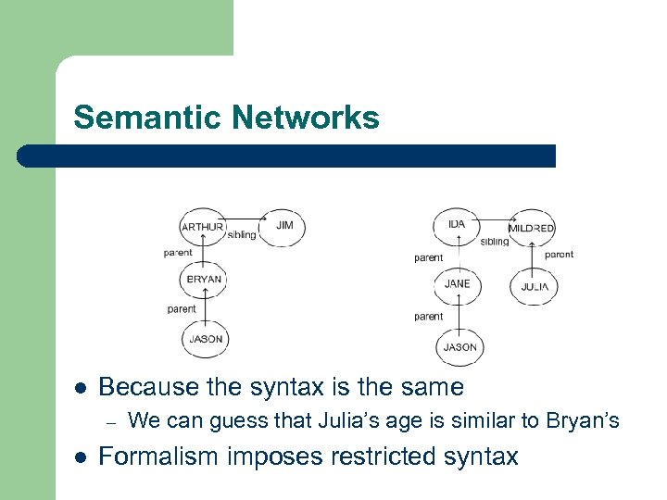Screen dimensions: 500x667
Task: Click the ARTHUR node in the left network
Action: click(x=202, y=227)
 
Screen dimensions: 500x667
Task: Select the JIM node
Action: click(x=283, y=225)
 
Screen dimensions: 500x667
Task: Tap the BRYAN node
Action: click(x=204, y=279)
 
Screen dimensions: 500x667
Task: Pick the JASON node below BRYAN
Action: click(x=206, y=339)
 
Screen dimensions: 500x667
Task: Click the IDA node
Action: click(x=457, y=225)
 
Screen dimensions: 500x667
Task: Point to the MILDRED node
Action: click(x=532, y=228)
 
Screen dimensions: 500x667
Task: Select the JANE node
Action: click(x=457, y=283)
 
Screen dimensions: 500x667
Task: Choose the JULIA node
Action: click(x=534, y=287)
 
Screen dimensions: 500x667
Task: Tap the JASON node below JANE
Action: click(x=459, y=347)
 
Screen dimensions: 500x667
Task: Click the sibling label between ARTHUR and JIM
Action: click(x=242, y=235)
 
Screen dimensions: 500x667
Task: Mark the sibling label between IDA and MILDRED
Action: click(x=495, y=242)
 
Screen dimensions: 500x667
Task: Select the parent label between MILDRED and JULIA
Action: click(x=559, y=254)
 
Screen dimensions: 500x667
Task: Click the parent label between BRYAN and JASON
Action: click(x=182, y=309)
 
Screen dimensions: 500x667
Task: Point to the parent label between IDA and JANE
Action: click(x=428, y=258)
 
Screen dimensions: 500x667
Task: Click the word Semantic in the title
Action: click(x=148, y=118)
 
